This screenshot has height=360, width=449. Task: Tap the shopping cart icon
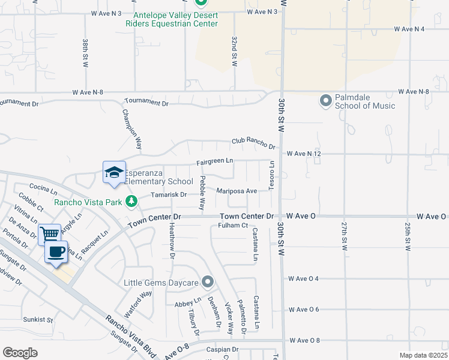pos(49,233)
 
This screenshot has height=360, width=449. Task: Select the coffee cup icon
pos(56,252)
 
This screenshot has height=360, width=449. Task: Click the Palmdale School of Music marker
pos(326,100)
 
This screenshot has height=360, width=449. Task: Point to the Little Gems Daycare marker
pos(208,281)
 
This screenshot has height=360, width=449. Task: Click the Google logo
pos(20,352)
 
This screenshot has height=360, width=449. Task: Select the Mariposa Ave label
pos(237,191)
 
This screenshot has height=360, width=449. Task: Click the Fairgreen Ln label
pos(215,161)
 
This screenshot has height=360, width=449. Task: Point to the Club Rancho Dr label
pos(253,144)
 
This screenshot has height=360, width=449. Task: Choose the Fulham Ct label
pos(233,226)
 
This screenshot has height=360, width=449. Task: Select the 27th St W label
pos(345,236)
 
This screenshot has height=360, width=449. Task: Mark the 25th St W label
pos(407,236)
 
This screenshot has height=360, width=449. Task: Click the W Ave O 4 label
pos(303,278)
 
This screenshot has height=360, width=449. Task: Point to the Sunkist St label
pos(38,320)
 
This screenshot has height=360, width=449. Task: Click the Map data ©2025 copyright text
pos(423,355)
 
